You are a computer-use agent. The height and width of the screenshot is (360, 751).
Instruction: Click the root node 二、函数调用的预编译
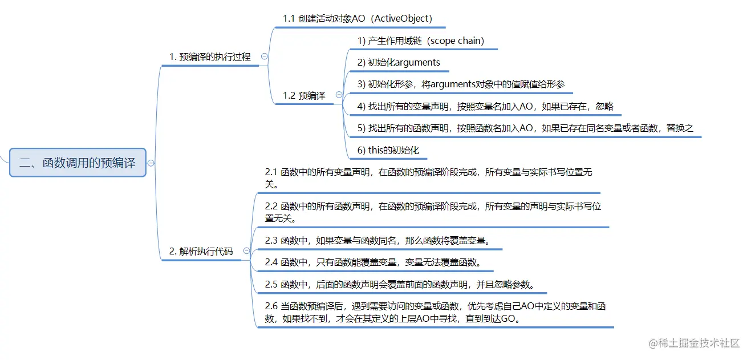[x=78, y=163]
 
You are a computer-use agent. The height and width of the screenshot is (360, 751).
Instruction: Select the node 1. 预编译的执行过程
[x=210, y=57]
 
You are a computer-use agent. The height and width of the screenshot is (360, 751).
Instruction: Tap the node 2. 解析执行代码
[x=201, y=251]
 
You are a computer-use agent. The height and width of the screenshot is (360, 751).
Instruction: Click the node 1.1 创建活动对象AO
[x=358, y=18]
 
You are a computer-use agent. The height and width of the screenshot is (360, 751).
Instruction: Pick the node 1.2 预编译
[x=304, y=95]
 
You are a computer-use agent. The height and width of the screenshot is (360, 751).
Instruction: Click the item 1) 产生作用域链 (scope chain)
[x=421, y=41]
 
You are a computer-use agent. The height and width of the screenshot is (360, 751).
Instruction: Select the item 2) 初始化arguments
[x=399, y=62]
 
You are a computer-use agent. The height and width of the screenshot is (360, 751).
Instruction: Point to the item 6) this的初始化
[x=388, y=150]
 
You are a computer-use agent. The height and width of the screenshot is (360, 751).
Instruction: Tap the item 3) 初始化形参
[x=461, y=84]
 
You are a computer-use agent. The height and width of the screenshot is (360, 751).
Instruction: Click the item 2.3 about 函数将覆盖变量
[x=377, y=240]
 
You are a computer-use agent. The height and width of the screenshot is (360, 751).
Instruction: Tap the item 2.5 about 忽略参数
[x=399, y=284]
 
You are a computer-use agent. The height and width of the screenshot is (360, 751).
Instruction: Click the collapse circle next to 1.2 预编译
[x=339, y=95]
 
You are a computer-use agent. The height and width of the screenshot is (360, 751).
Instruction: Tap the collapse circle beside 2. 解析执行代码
[x=246, y=251]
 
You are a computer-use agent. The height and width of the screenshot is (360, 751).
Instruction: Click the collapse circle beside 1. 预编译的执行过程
[x=264, y=56]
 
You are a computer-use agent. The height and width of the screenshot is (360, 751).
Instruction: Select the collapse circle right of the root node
[x=151, y=163]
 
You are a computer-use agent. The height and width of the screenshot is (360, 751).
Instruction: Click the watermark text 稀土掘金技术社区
[x=699, y=343]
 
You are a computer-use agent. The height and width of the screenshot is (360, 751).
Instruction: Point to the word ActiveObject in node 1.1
[x=401, y=18]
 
